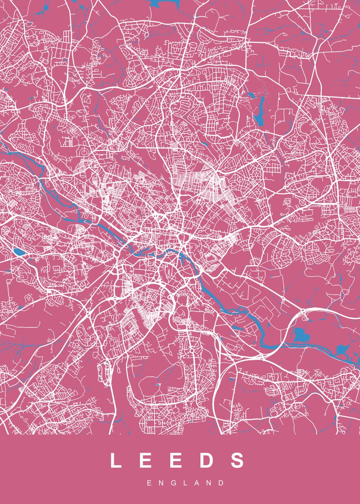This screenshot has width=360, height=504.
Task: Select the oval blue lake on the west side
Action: pyautogui.click(x=18, y=252)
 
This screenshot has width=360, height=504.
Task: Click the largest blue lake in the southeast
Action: pyautogui.click(x=301, y=335)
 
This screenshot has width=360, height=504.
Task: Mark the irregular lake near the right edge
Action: pyautogui.click(x=342, y=350)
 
